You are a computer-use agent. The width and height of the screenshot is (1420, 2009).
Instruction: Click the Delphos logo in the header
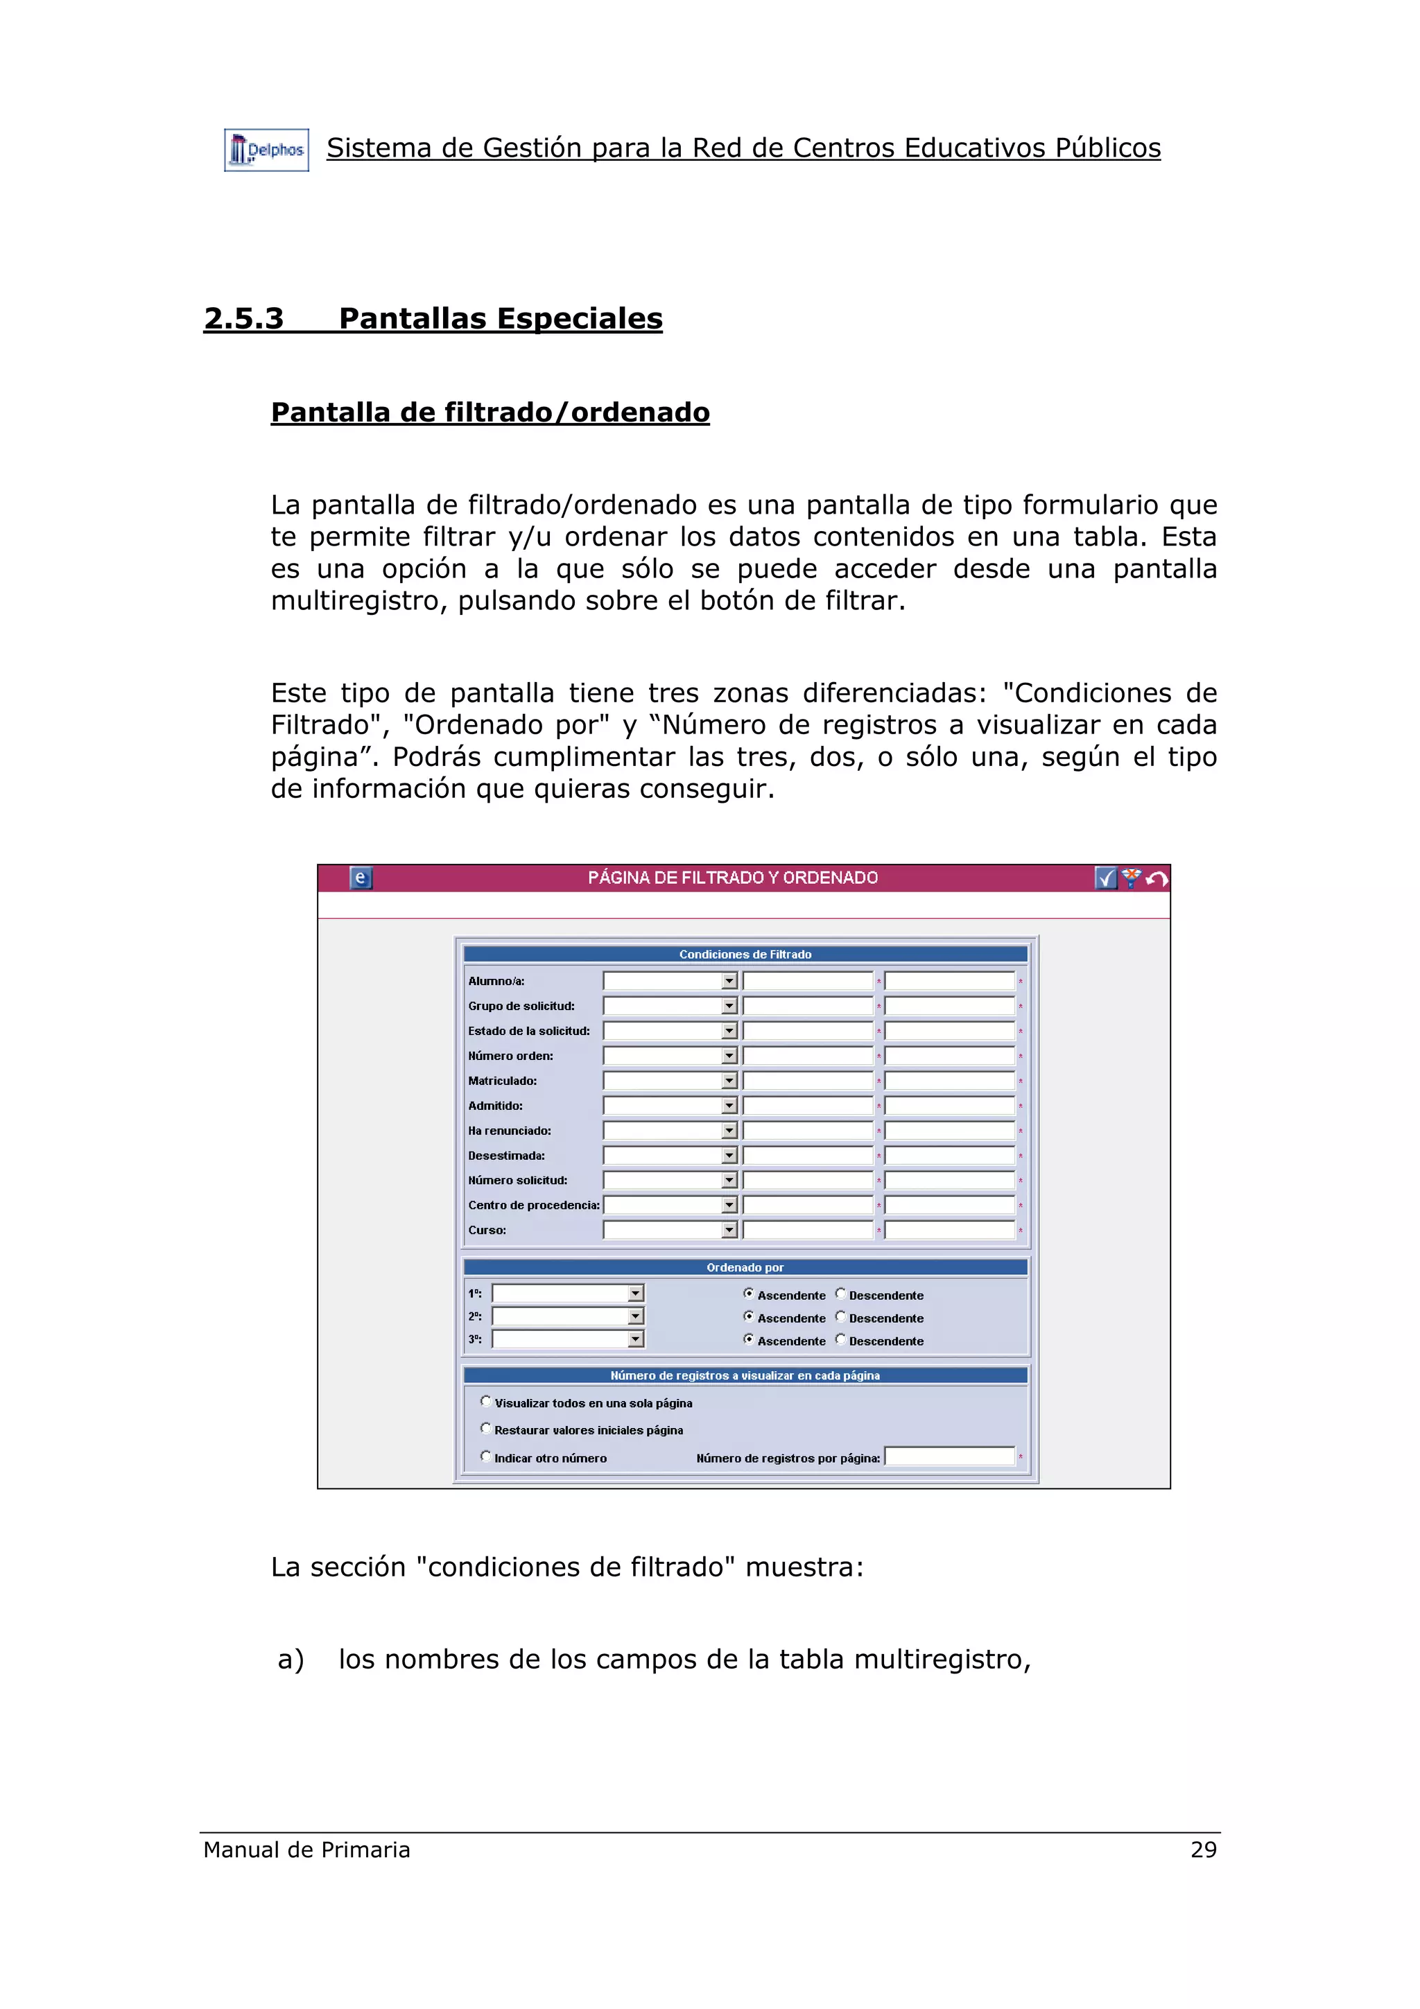[x=266, y=150]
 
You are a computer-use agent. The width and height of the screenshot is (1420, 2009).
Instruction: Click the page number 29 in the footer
[x=1203, y=1849]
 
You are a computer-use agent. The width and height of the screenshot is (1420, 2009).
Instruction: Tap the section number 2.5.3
[x=243, y=318]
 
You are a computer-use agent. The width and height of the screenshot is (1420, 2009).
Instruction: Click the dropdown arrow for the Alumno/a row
[x=729, y=981]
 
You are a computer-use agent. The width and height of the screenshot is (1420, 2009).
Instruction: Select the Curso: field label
[x=487, y=1230]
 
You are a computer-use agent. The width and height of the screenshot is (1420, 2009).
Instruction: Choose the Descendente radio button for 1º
[x=840, y=1294]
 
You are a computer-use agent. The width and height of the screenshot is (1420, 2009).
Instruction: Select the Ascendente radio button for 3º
[x=748, y=1339]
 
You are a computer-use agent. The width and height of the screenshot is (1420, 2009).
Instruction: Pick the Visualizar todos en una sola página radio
[x=485, y=1401]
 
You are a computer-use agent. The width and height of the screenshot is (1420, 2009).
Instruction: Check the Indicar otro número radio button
[x=485, y=1456]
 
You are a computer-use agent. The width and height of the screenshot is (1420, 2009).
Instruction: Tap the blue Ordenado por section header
[x=745, y=1267]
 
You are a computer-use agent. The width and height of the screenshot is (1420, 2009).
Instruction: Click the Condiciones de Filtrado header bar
[x=745, y=954]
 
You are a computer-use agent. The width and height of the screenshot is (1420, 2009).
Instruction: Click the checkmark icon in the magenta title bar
[x=1105, y=878]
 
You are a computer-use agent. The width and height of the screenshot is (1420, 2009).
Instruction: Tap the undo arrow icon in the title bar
[x=1157, y=878]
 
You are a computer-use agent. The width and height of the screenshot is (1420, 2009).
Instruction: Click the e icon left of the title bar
[x=361, y=878]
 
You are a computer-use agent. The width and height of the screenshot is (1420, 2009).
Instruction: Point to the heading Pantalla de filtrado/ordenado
[x=490, y=412]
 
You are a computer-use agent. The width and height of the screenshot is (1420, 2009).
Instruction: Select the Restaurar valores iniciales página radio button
[x=485, y=1428]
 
